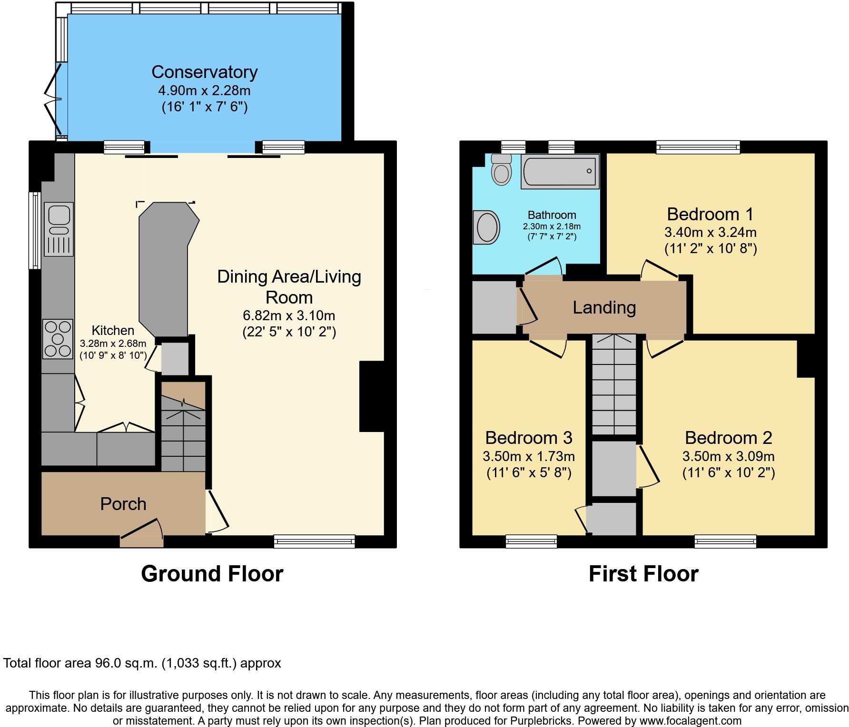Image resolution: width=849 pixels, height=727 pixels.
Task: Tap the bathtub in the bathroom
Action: (560, 171)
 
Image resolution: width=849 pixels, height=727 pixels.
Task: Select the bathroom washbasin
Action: (486, 227)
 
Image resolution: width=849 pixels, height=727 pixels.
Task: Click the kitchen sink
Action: (59, 229)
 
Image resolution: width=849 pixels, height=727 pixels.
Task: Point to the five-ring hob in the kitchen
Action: (58, 339)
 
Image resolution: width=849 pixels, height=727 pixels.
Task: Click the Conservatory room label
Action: (205, 72)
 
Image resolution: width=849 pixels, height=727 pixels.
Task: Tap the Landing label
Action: (604, 307)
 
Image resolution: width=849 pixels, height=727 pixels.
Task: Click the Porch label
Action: (123, 504)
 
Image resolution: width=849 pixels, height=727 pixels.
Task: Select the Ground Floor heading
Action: (212, 574)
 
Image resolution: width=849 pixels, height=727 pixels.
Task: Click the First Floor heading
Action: (643, 574)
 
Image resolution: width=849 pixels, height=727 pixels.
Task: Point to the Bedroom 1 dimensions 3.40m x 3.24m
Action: (710, 233)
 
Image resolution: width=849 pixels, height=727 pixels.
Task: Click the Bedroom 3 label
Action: (529, 437)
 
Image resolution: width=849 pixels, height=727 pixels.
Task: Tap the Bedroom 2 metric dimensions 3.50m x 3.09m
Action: (728, 457)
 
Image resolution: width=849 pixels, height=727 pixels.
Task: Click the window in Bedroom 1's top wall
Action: (698, 147)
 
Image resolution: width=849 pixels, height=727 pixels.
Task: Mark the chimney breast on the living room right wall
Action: (372, 396)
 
